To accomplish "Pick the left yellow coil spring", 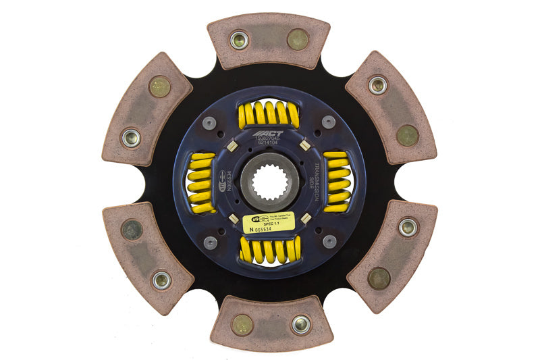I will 201,182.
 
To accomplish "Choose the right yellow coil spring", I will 337,181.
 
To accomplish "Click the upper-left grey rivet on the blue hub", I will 210,123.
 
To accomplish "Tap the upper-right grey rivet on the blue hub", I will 329,122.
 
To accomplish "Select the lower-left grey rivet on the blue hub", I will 210,242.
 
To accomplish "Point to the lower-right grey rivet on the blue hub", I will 329,241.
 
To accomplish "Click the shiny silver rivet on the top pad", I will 239,40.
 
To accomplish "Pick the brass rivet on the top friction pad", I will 298,39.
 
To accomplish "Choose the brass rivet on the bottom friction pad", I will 241,326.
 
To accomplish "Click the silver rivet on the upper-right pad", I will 377,84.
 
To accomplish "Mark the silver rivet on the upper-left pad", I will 130,137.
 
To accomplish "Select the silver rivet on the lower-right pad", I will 407,227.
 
